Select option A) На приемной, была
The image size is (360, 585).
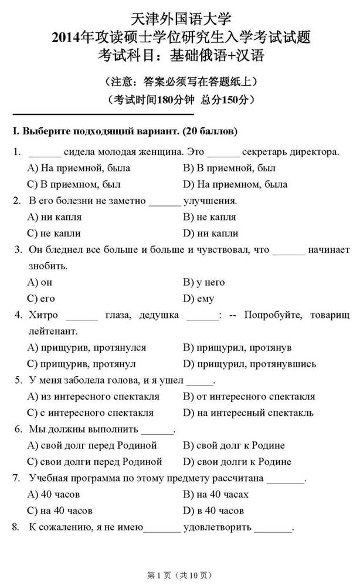pos(79,168)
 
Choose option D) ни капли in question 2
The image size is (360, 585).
pos(210,233)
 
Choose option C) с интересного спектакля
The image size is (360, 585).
pos(90,412)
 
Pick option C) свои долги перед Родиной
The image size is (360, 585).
pos(94,461)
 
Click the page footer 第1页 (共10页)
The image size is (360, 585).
pos(179,575)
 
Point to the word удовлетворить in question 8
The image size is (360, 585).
pos(218,527)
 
